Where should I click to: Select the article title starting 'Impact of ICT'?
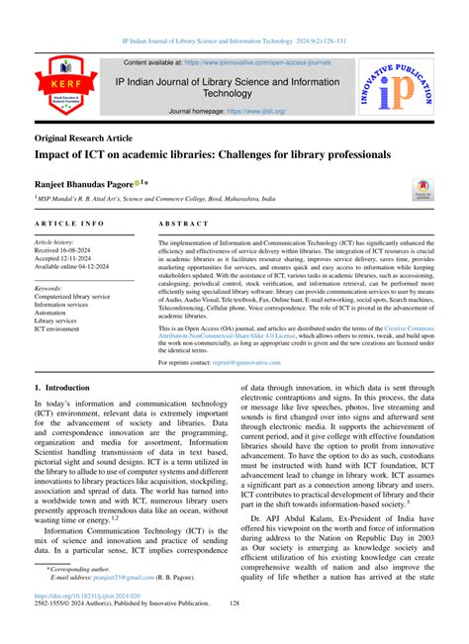(x=212, y=155)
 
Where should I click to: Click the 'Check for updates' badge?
(x=423, y=188)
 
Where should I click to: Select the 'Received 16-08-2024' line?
(x=69, y=250)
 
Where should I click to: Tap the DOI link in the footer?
(x=82, y=623)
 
